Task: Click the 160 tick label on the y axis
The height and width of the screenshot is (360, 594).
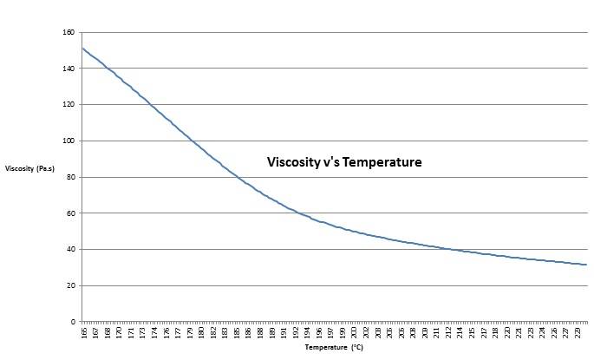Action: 69,32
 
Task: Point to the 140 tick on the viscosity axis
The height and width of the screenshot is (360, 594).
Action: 69,69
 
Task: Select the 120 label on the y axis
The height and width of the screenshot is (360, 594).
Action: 69,104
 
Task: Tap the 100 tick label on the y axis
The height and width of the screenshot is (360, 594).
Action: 69,141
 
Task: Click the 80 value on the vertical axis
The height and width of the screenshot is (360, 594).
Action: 70,177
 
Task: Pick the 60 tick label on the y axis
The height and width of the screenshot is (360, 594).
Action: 70,213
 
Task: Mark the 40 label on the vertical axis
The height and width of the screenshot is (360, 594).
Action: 70,249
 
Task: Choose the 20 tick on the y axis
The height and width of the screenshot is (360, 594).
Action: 70,285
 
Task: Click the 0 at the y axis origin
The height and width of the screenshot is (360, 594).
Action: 73,322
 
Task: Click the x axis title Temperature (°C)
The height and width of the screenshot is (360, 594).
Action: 334,348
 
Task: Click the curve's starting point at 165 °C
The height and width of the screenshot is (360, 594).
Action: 82,48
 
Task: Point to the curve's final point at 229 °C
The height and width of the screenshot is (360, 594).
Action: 587,265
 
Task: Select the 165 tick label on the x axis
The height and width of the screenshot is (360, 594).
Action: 84,331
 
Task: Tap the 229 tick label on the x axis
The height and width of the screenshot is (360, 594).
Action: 578,331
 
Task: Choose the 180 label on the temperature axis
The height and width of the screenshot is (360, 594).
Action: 200,331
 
